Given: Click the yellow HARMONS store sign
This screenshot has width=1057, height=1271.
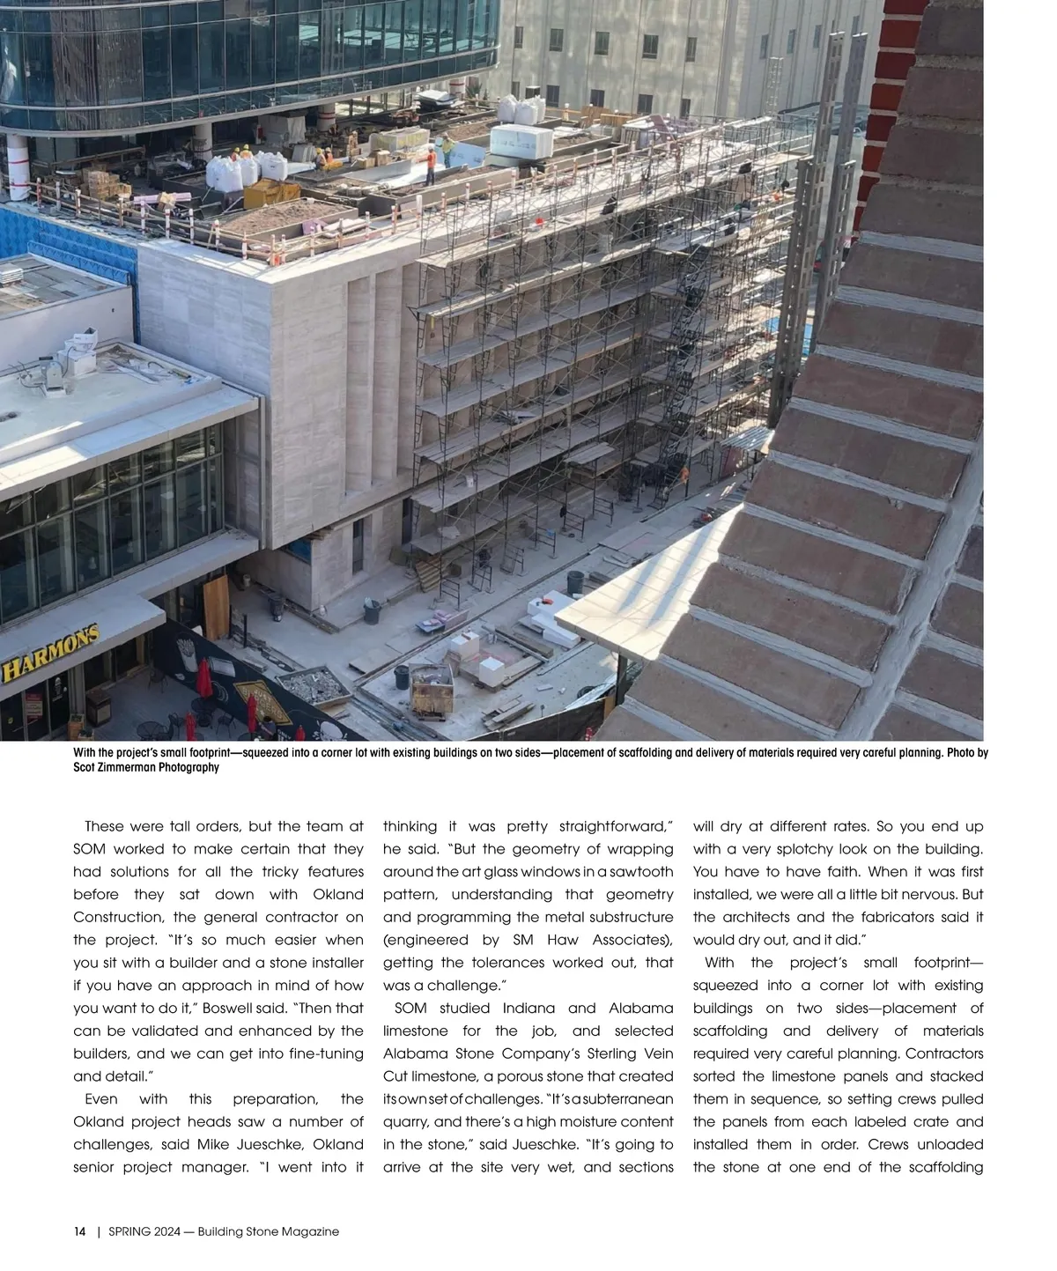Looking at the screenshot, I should (x=49, y=655).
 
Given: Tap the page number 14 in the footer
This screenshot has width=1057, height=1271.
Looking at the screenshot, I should (x=79, y=1231).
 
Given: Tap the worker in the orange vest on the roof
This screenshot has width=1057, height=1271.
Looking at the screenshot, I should (x=430, y=165).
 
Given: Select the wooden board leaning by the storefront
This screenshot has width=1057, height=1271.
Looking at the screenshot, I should (x=216, y=608).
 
